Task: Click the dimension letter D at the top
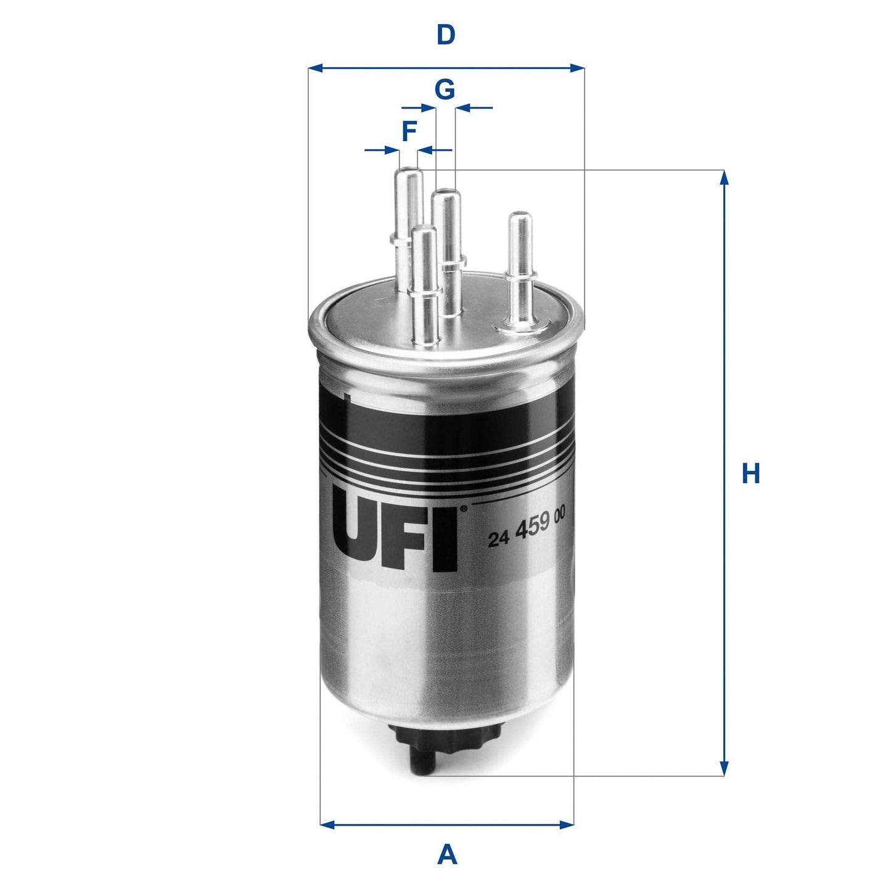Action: click(x=446, y=35)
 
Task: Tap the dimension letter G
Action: click(x=445, y=90)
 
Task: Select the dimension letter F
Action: click(x=409, y=131)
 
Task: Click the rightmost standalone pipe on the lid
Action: click(x=519, y=265)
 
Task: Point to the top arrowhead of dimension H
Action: click(x=725, y=178)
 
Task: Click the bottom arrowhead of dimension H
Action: click(x=725, y=768)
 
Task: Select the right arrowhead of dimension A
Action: click(x=567, y=824)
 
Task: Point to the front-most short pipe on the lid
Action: click(x=425, y=284)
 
